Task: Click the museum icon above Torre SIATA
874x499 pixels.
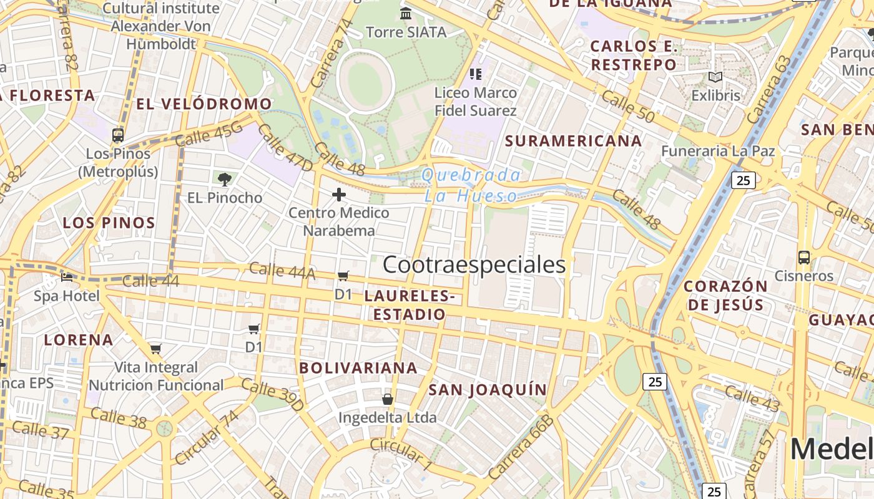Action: (x=406, y=13)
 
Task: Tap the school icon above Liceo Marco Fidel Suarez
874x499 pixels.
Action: (x=476, y=74)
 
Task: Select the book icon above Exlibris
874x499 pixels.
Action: (x=715, y=77)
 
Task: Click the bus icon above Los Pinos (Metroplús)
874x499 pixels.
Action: (x=117, y=135)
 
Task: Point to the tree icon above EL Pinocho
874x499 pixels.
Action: (x=225, y=180)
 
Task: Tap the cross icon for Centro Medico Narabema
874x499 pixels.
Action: (x=339, y=195)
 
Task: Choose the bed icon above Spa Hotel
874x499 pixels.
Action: (x=67, y=277)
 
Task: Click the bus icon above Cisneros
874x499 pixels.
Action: (x=804, y=257)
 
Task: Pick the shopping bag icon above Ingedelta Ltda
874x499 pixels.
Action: (x=388, y=399)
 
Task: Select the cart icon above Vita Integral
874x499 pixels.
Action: (x=155, y=349)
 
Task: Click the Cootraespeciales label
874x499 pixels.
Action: (x=474, y=264)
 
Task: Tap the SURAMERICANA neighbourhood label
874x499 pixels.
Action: (x=573, y=141)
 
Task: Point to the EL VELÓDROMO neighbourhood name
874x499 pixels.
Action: (x=204, y=104)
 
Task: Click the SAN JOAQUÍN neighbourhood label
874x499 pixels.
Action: (x=488, y=390)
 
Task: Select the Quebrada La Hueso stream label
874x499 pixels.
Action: (x=471, y=185)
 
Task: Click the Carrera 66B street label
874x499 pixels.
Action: (x=521, y=447)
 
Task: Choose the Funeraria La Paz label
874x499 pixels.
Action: (x=718, y=151)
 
